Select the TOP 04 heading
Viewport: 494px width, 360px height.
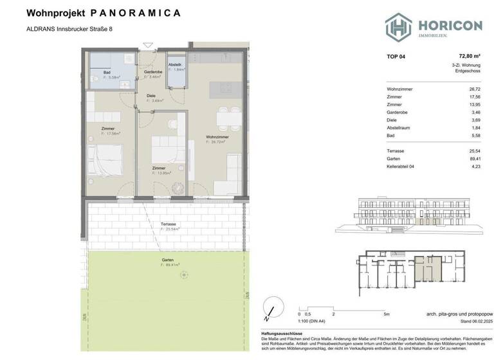[396, 57]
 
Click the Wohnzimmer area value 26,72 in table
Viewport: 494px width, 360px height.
[475, 88]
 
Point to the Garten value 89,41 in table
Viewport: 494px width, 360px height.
[475, 159]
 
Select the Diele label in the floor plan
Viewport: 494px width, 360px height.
[151, 96]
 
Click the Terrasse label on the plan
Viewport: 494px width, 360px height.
[169, 224]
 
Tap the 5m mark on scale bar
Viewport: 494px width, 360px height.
[385, 314]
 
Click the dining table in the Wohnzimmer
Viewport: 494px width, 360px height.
[224, 116]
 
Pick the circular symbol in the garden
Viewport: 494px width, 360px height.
[185, 275]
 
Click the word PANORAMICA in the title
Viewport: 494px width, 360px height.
[136, 13]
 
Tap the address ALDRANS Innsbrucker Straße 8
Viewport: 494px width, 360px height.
[73, 28]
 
